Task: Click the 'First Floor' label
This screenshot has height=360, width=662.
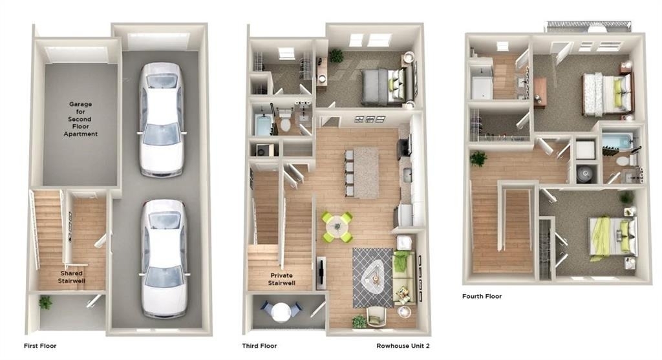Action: pos(40,346)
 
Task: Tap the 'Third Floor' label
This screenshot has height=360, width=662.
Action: pos(259,346)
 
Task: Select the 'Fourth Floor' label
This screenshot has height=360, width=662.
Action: pos(482,296)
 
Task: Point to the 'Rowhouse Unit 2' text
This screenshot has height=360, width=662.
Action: pos(403,346)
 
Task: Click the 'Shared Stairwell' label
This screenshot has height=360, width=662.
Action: pos(71,277)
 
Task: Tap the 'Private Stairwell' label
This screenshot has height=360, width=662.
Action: pos(282,279)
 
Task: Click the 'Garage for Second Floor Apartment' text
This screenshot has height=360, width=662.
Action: pos(81,119)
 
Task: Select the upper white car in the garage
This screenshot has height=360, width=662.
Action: pos(162,120)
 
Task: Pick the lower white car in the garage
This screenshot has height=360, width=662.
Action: pos(164,259)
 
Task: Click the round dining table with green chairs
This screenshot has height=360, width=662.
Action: pos(337,227)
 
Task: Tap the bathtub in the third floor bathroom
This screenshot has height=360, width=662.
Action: pos(264,121)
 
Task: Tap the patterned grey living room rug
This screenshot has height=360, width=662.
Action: pos(373,278)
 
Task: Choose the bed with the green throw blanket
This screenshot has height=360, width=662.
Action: pos(613,237)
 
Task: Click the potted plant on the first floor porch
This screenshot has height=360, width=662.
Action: pos(45,302)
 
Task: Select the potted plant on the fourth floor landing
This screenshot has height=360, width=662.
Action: pos(478,158)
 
